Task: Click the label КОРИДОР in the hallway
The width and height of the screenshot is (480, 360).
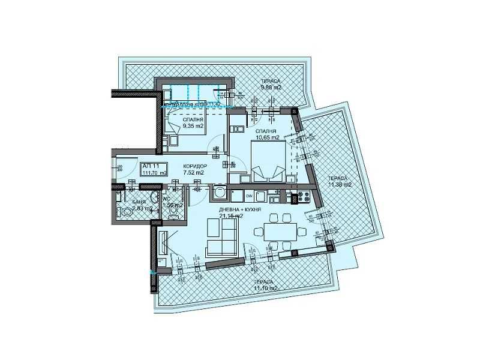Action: click(x=195, y=166)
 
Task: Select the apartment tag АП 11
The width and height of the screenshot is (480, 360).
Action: click(x=149, y=166)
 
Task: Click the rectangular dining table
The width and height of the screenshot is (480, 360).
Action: click(x=281, y=231)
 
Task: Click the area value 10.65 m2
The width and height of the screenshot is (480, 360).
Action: click(x=268, y=137)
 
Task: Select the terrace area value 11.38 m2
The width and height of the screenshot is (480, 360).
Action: click(x=340, y=184)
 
